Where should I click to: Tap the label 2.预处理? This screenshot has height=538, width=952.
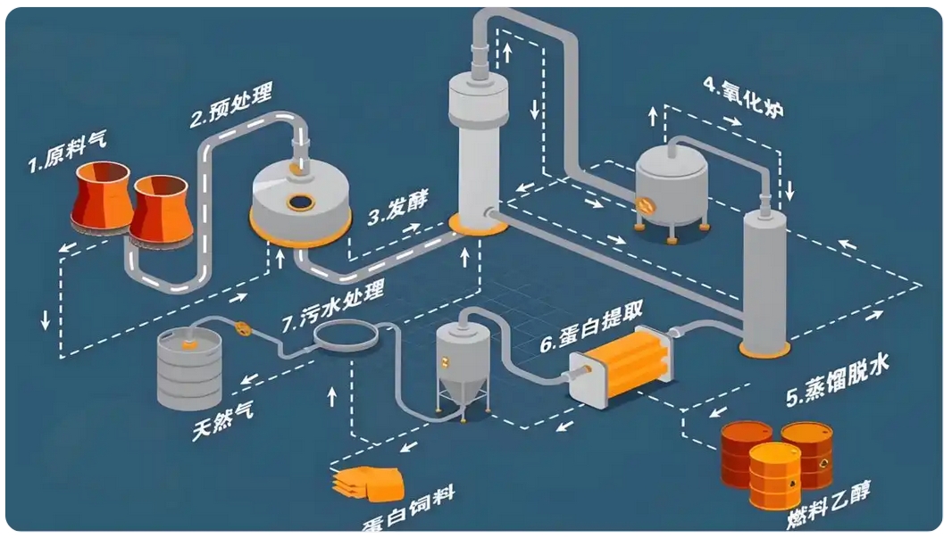point(230,104)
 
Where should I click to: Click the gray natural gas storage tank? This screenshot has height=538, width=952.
point(189,368)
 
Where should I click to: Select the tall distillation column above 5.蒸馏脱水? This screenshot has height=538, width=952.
point(765,277)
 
